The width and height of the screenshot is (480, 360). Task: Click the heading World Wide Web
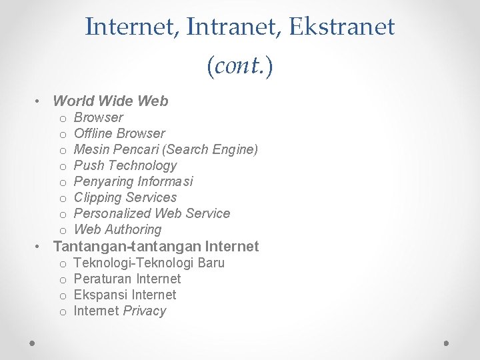110,101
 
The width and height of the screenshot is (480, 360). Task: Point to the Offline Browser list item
119,133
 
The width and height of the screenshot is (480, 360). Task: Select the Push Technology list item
125,165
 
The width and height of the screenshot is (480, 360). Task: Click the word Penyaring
104,181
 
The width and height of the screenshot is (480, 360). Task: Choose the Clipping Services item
125,197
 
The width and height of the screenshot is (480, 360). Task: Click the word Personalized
112,213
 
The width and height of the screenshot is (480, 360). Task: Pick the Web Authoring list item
117,229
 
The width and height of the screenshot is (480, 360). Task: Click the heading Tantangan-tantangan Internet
155,246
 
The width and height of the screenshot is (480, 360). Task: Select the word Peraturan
103,279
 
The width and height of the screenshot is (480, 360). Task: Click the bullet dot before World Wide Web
41,102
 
